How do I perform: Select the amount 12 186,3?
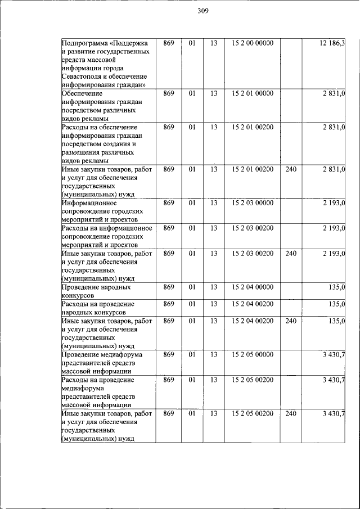pyautogui.click(x=332, y=43)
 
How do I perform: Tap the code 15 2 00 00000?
pyautogui.click(x=252, y=43)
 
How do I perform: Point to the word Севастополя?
pyautogui.click(x=84, y=76)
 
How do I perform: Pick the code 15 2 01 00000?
pyautogui.click(x=252, y=93)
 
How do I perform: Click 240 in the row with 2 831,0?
pyautogui.click(x=290, y=169)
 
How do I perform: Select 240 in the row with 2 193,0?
pyautogui.click(x=290, y=253)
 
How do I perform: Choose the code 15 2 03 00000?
pyautogui.click(x=252, y=202)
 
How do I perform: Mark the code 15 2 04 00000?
pyautogui.click(x=252, y=287)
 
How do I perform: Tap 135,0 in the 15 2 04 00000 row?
pyautogui.click(x=336, y=287)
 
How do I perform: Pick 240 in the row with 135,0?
pyautogui.click(x=290, y=321)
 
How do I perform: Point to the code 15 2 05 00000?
pyautogui.click(x=252, y=354)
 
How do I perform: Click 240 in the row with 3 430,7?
pyautogui.click(x=290, y=413)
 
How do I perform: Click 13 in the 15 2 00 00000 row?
pyautogui.click(x=213, y=43)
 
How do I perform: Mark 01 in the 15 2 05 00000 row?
pyautogui.click(x=191, y=354)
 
